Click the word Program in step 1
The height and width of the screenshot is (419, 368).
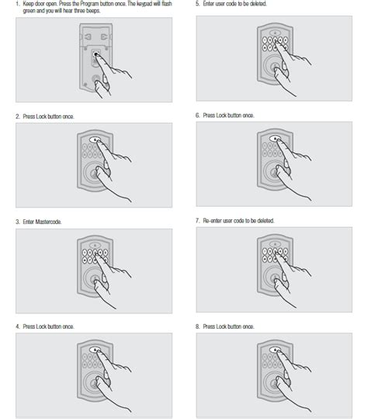[x=89, y=4]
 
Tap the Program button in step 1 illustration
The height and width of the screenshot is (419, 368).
[x=95, y=54]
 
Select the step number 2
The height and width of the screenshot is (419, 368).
[x=18, y=117]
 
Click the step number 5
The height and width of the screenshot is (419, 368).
[x=197, y=4]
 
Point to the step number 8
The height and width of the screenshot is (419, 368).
[x=197, y=326]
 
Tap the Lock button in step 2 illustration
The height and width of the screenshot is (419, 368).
[x=95, y=139]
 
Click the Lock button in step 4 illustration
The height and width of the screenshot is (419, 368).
[x=95, y=350]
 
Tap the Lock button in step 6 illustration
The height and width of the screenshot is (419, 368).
[x=275, y=138]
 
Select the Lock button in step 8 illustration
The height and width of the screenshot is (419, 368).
[x=275, y=350]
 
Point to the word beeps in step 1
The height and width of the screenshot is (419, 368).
[x=93, y=11]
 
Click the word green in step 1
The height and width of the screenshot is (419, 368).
[x=29, y=11]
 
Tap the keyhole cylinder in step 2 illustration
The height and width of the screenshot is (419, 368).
[x=93, y=174]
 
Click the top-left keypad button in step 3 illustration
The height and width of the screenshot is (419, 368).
[x=85, y=253]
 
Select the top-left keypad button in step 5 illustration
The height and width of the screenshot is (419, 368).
[x=265, y=40]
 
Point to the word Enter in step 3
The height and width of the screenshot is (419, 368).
[x=29, y=222]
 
